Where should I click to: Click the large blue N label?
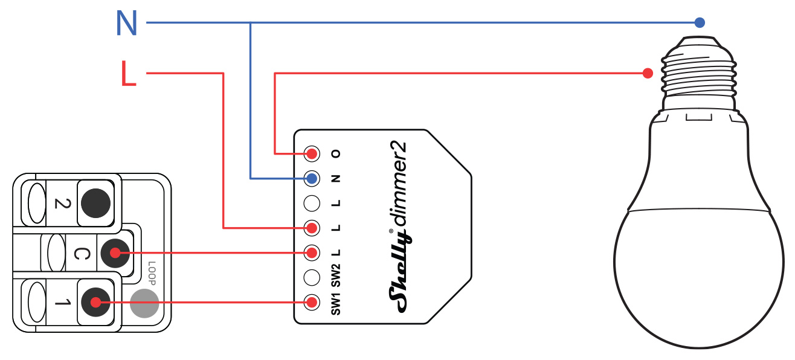126,24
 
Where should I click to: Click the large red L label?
128,74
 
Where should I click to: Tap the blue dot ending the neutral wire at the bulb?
700,23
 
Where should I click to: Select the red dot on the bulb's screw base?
648,73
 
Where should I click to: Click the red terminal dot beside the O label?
311,153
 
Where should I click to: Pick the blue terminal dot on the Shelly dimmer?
311,178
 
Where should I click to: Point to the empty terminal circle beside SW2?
311,277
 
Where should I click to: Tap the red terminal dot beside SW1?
311,301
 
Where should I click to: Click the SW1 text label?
336,302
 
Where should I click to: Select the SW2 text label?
336,276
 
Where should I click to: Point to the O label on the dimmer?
336,153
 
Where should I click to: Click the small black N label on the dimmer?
336,178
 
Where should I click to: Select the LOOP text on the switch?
152,273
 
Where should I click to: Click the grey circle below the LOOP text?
144,302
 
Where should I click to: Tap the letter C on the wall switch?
78,254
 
